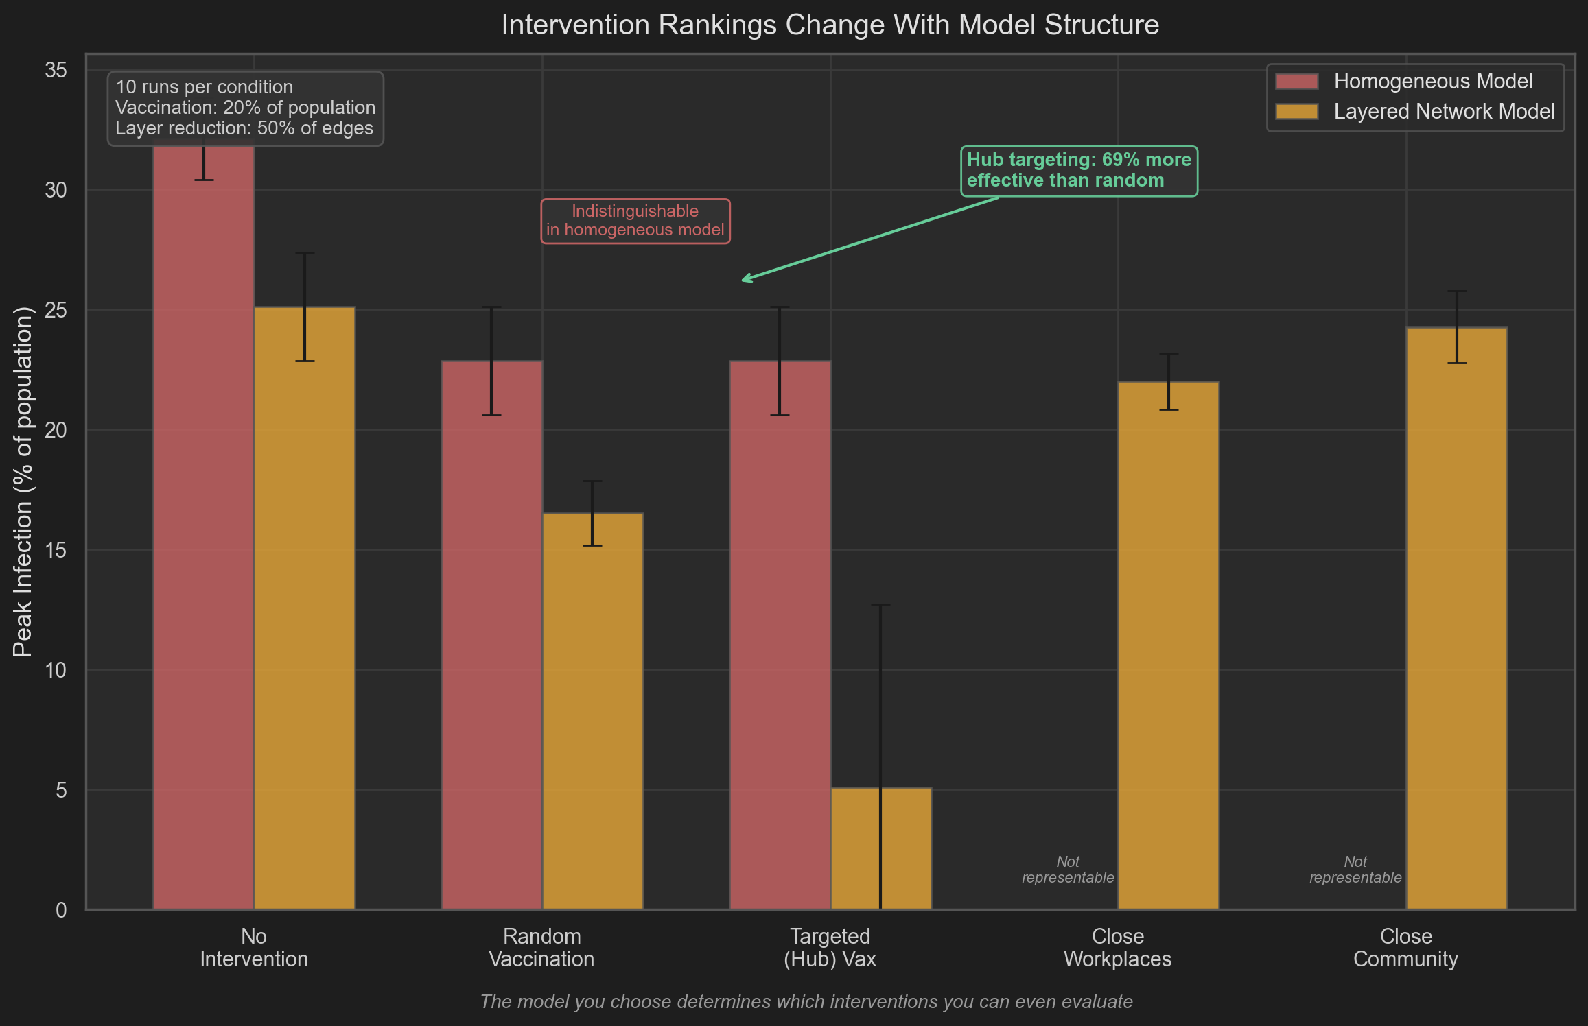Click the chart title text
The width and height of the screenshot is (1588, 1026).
pyautogui.click(x=830, y=25)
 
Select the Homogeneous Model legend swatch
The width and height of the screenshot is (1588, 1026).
pyautogui.click(x=1296, y=82)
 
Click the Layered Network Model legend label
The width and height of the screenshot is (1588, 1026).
pyautogui.click(x=1444, y=112)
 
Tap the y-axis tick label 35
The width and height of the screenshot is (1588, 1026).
pyautogui.click(x=56, y=70)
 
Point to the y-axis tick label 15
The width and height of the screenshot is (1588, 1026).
pyautogui.click(x=56, y=550)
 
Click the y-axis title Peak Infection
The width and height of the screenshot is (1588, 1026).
pyautogui.click(x=23, y=481)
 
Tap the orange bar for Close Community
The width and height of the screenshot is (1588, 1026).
pyautogui.click(x=1456, y=617)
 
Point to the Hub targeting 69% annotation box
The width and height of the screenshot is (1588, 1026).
pyautogui.click(x=1079, y=171)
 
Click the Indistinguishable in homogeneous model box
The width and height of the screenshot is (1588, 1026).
pyautogui.click(x=635, y=221)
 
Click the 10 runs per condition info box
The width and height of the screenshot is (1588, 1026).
pyautogui.click(x=245, y=108)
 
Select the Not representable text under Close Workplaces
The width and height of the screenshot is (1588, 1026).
pyautogui.click(x=1068, y=870)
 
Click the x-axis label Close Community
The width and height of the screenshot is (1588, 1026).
pyautogui.click(x=1405, y=947)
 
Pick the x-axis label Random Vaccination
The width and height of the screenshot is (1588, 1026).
pyautogui.click(x=541, y=947)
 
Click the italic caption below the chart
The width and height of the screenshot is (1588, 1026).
pyautogui.click(x=806, y=1002)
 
